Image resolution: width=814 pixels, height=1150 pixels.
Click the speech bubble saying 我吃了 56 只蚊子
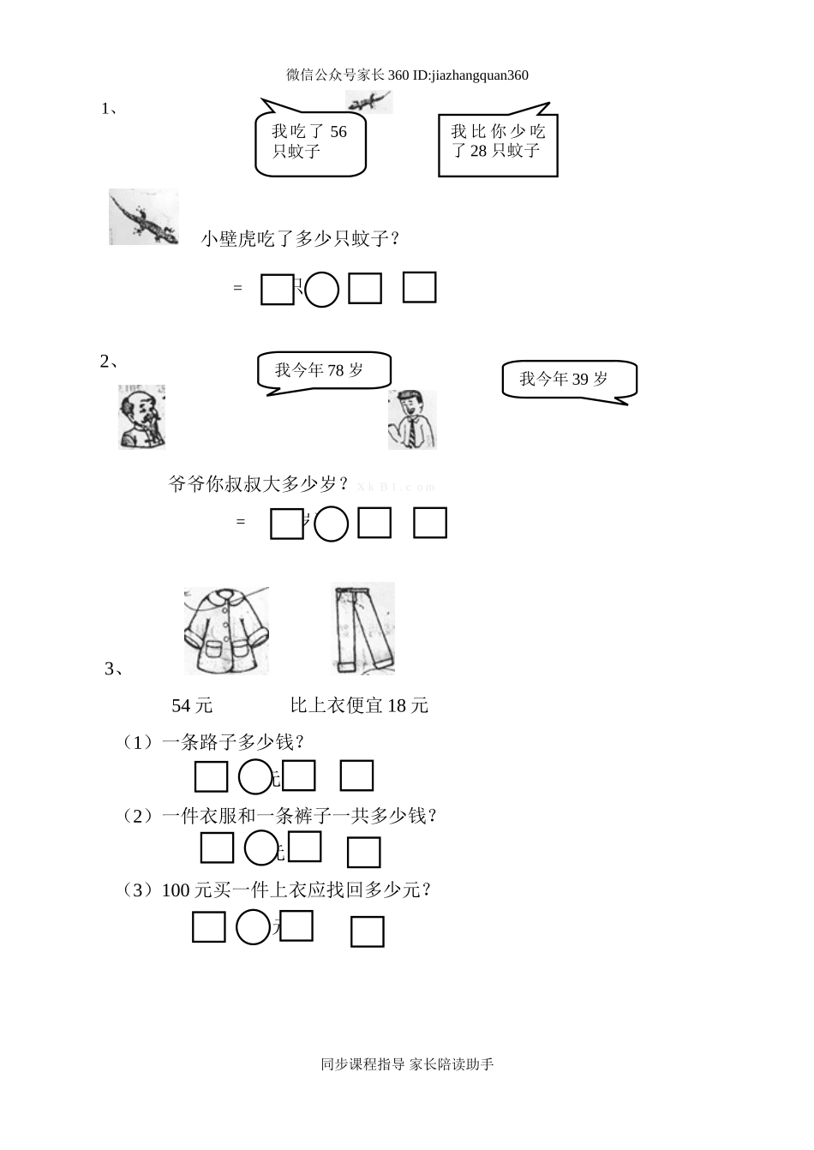pyautogui.click(x=310, y=141)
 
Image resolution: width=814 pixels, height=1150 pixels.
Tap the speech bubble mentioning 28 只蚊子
pyautogui.click(x=498, y=142)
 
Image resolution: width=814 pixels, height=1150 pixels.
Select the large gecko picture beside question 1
pyautogui.click(x=144, y=217)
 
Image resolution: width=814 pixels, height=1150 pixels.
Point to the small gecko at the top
pyautogui.click(x=369, y=102)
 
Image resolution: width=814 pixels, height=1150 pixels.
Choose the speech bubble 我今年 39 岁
pyautogui.click(x=568, y=380)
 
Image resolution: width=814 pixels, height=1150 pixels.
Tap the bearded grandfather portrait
pyautogui.click(x=141, y=417)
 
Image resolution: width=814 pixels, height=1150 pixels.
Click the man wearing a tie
pyautogui.click(x=412, y=419)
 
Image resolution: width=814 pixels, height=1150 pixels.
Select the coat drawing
pyautogui.click(x=226, y=630)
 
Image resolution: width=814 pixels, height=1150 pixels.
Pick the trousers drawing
pyautogui.click(x=363, y=628)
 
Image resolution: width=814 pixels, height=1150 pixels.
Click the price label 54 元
pyautogui.click(x=192, y=706)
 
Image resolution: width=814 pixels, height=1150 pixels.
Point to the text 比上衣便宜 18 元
pyautogui.click(x=359, y=706)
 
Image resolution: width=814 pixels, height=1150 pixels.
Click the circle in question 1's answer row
pyautogui.click(x=322, y=290)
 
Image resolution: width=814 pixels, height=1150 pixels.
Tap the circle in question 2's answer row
pyautogui.click(x=332, y=524)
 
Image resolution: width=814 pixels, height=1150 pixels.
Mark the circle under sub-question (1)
pyautogui.click(x=254, y=776)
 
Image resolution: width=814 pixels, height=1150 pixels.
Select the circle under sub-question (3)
pyautogui.click(x=253, y=927)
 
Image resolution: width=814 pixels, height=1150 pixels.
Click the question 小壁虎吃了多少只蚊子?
pyautogui.click(x=301, y=239)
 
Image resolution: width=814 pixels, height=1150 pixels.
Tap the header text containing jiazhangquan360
pyautogui.click(x=407, y=75)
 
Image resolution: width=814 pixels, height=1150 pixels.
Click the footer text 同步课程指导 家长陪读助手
pyautogui.click(x=407, y=1065)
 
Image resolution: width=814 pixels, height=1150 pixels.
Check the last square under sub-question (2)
pyautogui.click(x=363, y=852)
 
